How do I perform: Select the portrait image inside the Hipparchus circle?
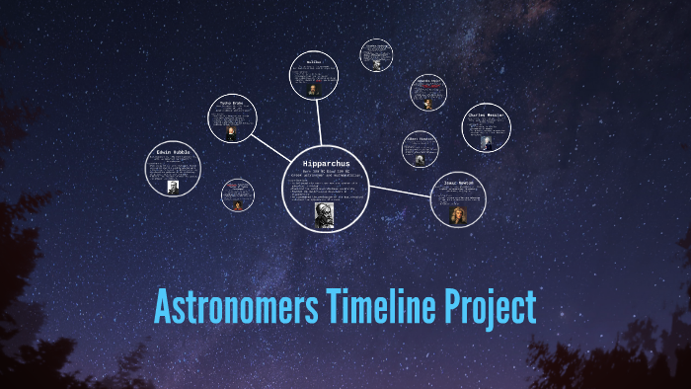pyautogui.click(x=324, y=214)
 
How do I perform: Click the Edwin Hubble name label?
pyautogui.click(x=173, y=152)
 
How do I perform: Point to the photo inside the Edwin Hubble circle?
pyautogui.click(x=173, y=187)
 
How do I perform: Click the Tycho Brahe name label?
pyautogui.click(x=233, y=103)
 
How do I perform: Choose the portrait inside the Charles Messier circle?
pyautogui.click(x=487, y=142)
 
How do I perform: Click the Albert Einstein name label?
pyautogui.click(x=420, y=139)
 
